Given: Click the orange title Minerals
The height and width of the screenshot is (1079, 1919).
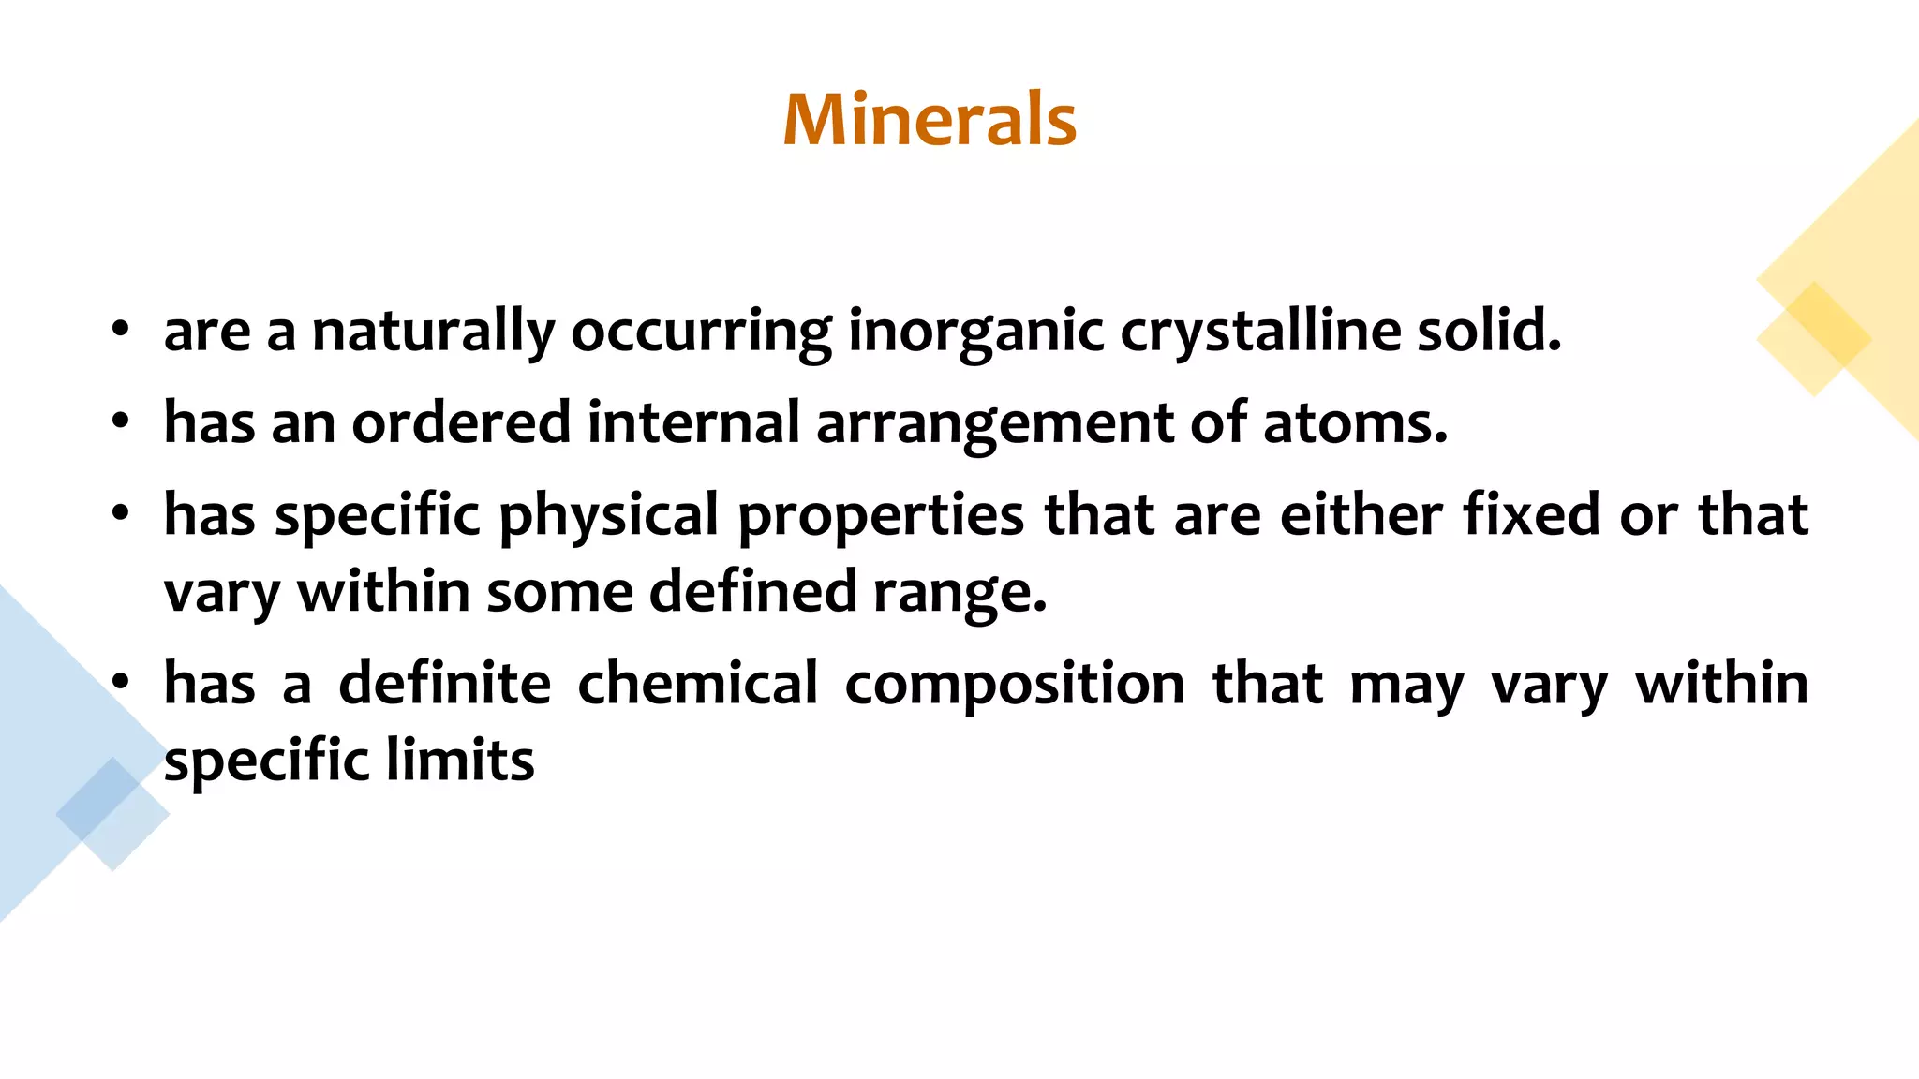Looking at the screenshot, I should pyautogui.click(x=930, y=120).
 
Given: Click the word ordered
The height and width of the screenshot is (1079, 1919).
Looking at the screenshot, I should pyautogui.click(x=461, y=422).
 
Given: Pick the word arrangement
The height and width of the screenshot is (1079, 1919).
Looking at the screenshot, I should pyautogui.click(x=994, y=424).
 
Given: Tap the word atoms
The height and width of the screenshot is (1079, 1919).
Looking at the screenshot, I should pyautogui.click(x=1355, y=422).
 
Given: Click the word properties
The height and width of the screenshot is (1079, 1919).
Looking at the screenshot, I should pyautogui.click(x=881, y=516).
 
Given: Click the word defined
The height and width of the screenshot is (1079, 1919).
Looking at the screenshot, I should pyautogui.click(x=752, y=591).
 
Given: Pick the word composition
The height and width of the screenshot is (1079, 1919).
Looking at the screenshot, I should pyautogui.click(x=1015, y=685).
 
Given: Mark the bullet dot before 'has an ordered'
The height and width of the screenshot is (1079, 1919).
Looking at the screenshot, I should pyautogui.click(x=120, y=422).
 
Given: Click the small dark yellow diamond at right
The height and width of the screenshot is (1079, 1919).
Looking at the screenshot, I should pyautogui.click(x=1813, y=338).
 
